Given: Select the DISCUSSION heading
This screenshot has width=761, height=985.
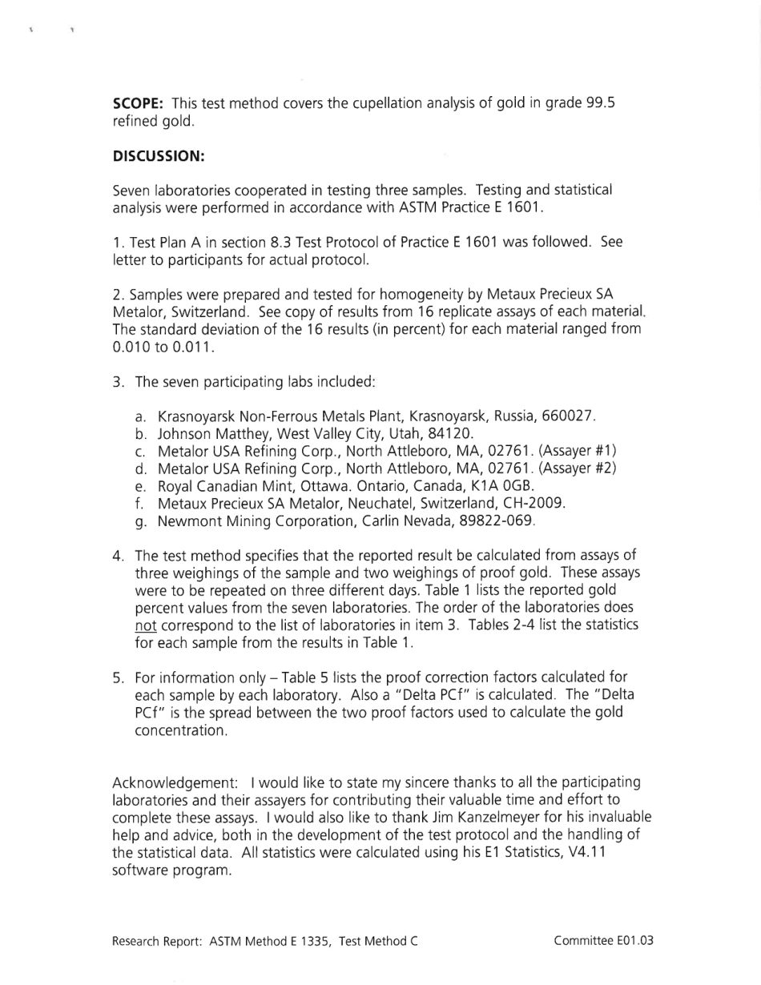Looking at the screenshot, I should pyautogui.click(x=159, y=156).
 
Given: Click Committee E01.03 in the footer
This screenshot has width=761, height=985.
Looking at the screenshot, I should pyautogui.click(x=603, y=941).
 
